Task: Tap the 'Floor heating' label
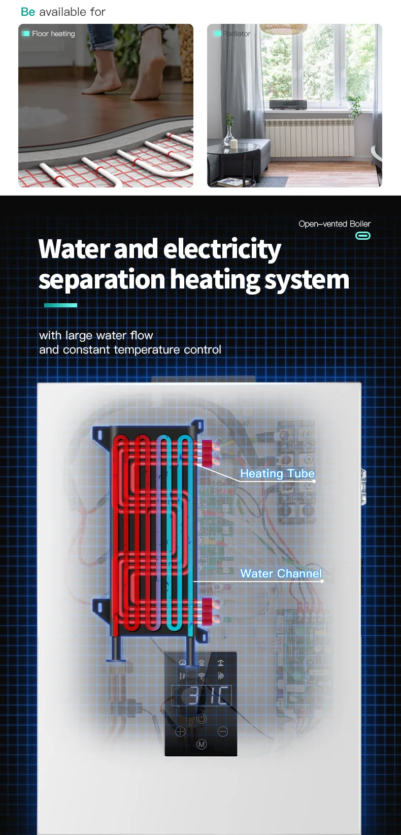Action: pos(53,34)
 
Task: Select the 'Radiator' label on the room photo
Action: pos(236,34)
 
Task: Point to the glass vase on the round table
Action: pos(230,135)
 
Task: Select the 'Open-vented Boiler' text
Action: pos(335,224)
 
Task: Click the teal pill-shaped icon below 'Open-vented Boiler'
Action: pos(362,236)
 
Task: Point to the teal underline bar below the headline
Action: pos(60,305)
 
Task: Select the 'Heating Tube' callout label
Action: pos(277,473)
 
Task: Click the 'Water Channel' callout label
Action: pos(281,573)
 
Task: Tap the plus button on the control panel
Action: pos(180,732)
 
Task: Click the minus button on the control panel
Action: pos(222,732)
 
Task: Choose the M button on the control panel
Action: pos(202,745)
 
